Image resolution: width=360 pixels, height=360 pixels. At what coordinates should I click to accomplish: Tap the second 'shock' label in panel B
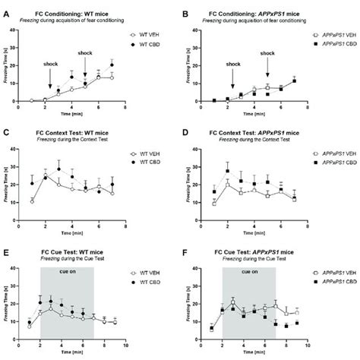tap(267, 53)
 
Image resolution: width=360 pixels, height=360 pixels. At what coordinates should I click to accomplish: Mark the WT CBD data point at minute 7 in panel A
tap(112, 65)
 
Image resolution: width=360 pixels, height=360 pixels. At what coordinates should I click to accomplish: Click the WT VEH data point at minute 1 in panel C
tap(31, 201)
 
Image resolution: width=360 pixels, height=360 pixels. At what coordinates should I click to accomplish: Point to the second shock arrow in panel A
tap(85, 68)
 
